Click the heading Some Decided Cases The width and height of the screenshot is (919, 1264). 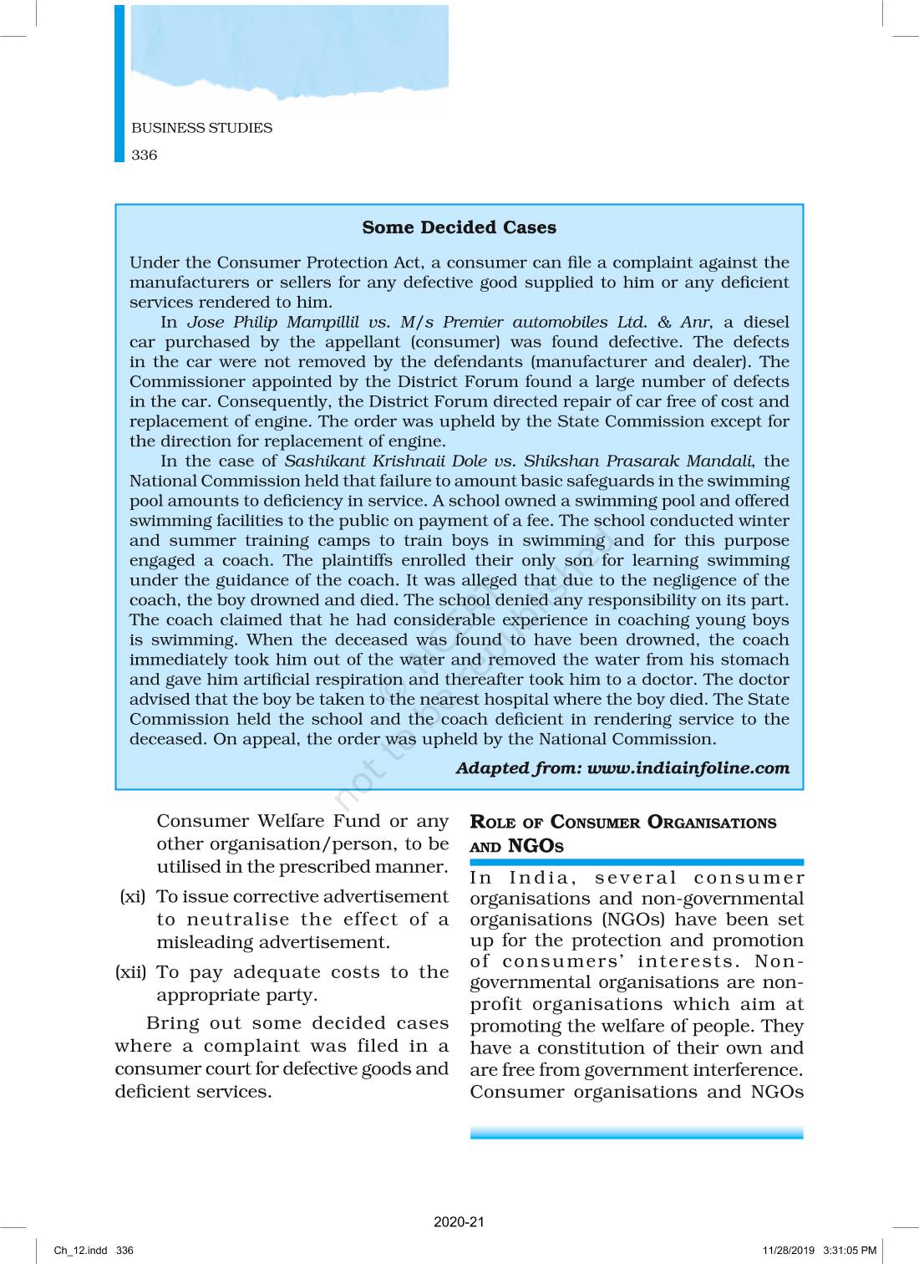click(459, 227)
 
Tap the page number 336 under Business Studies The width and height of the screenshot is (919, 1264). click(145, 155)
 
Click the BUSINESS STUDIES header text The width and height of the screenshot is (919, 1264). click(201, 128)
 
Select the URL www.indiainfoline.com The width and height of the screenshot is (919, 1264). click(688, 768)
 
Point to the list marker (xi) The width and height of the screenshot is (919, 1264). click(132, 897)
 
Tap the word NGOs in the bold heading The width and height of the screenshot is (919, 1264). click(536, 846)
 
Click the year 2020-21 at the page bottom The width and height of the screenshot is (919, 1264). click(459, 1221)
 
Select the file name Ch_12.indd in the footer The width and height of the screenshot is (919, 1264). click(80, 1251)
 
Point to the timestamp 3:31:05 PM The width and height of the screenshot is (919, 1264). click(850, 1251)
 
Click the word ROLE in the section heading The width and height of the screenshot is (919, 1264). click(493, 823)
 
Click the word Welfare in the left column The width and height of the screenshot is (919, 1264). click(289, 821)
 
